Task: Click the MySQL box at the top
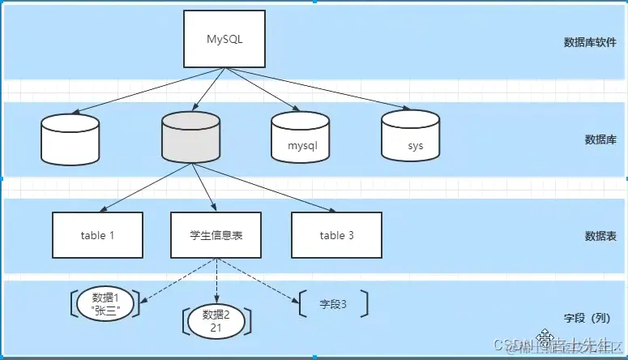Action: coord(224,39)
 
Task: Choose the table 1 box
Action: coord(97,235)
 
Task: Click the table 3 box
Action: coord(337,235)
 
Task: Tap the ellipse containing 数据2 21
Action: coord(217,320)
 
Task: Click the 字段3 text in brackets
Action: coord(333,304)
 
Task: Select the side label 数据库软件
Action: coord(590,43)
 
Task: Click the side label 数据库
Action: coord(600,139)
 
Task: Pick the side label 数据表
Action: coord(600,236)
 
